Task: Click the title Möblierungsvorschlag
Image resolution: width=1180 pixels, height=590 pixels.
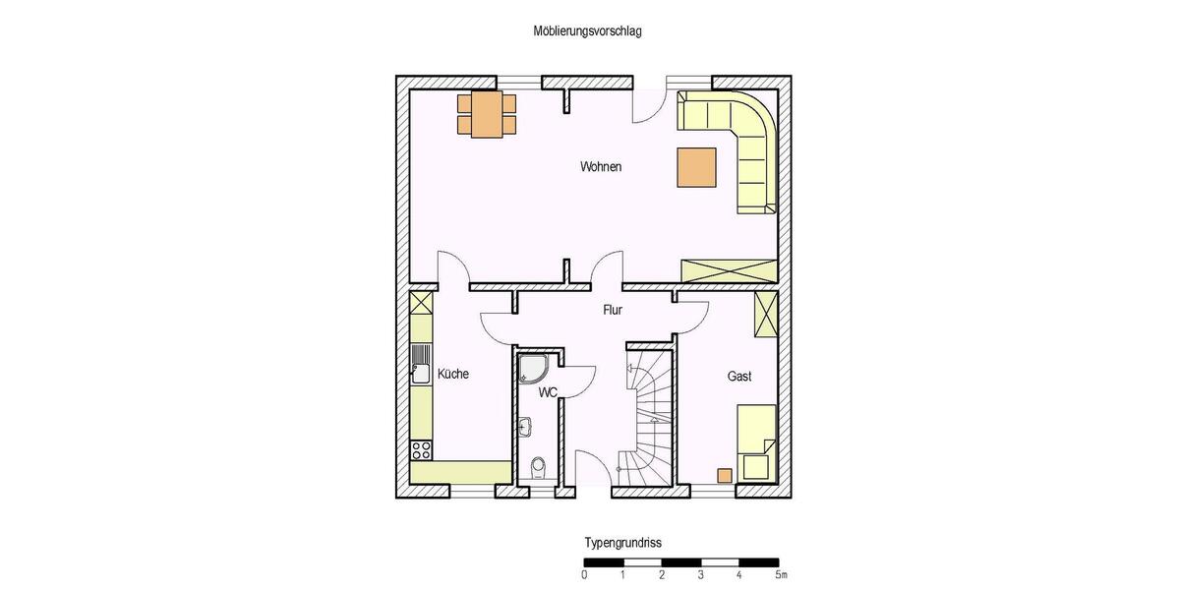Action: point(587,31)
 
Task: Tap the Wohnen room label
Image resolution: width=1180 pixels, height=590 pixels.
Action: point(600,167)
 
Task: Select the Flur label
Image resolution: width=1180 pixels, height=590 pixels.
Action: point(613,310)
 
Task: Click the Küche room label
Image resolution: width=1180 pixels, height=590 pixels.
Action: point(452,375)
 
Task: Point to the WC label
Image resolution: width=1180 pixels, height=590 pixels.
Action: point(548,392)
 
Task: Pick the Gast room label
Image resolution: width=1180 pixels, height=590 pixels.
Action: point(739,377)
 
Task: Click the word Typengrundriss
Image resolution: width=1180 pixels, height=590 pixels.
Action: point(623,543)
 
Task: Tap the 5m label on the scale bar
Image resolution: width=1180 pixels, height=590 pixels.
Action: point(780,574)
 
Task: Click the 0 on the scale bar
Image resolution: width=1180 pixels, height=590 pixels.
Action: point(585,574)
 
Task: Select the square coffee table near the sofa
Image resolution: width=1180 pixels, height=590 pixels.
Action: point(696,166)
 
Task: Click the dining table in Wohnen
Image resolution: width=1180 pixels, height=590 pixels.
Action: point(486,114)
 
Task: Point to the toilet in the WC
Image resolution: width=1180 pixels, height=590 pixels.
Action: point(538,468)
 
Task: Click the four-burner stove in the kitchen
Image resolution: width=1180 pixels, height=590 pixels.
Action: point(422,449)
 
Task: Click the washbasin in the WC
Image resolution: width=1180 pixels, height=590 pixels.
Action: point(526,427)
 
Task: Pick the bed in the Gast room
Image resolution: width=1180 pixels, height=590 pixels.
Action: point(757,442)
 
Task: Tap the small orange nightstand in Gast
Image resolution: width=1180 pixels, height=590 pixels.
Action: point(725,476)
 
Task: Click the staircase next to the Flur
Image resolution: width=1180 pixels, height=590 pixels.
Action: point(648,413)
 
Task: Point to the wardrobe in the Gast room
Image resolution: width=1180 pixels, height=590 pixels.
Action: point(765,314)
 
